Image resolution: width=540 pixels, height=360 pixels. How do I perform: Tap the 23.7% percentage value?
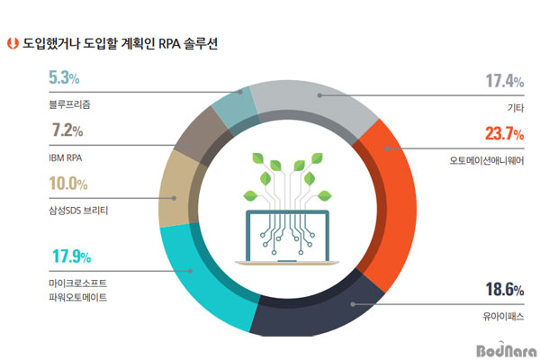(x=504, y=134)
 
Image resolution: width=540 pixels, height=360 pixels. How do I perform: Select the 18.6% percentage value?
(x=505, y=290)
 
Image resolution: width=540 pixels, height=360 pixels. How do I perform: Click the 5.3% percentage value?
(x=64, y=77)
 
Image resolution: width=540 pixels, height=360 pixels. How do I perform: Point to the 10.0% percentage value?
(x=68, y=184)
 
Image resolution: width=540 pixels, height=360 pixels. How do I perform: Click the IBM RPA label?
(x=66, y=158)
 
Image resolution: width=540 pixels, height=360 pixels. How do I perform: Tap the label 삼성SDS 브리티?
(x=78, y=211)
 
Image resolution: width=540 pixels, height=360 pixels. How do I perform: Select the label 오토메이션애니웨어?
(x=487, y=160)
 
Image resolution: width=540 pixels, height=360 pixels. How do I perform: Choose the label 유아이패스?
(x=503, y=316)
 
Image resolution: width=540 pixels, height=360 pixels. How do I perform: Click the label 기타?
(x=516, y=108)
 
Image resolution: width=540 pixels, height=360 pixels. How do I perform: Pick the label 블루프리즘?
(x=69, y=104)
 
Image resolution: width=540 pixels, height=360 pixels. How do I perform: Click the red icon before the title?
(x=13, y=43)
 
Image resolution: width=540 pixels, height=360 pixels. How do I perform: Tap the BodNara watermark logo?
(x=506, y=350)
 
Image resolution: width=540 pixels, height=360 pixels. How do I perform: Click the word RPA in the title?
(x=169, y=44)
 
